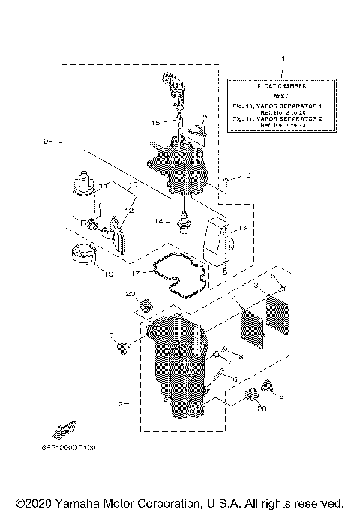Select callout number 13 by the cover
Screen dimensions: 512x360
(241, 228)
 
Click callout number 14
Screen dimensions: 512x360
(159, 223)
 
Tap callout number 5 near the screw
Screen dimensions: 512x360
(274, 276)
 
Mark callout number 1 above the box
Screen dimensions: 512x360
(282, 58)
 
